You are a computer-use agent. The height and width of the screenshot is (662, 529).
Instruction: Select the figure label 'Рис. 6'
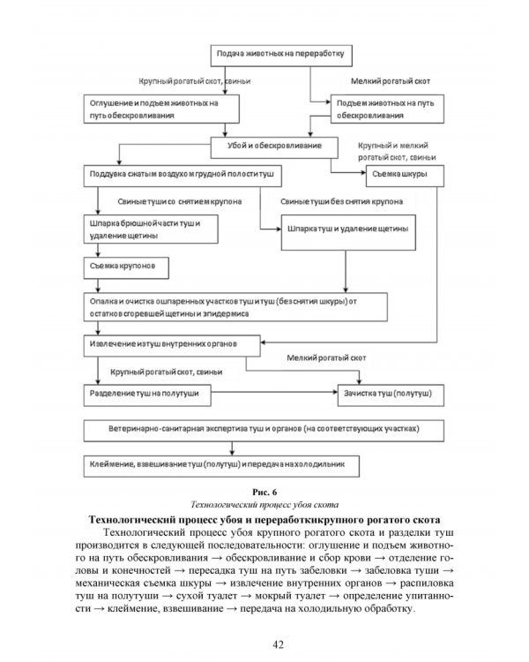tap(264, 491)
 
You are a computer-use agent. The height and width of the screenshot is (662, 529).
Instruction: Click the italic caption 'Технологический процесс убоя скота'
tap(264, 503)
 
